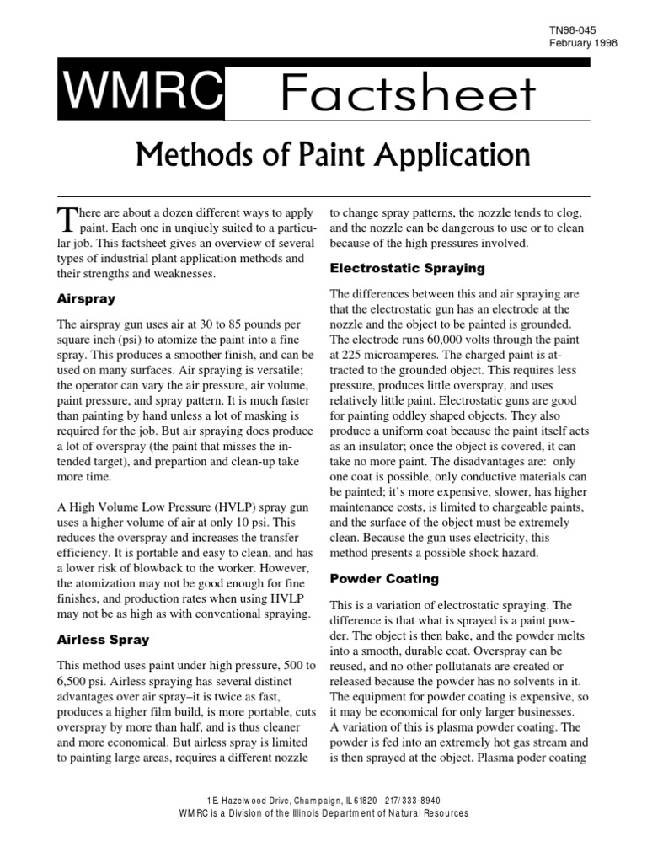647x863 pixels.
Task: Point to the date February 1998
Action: pyautogui.click(x=584, y=43)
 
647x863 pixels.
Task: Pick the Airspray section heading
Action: pyautogui.click(x=86, y=298)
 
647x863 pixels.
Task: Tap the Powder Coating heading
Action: pyautogui.click(x=372, y=579)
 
